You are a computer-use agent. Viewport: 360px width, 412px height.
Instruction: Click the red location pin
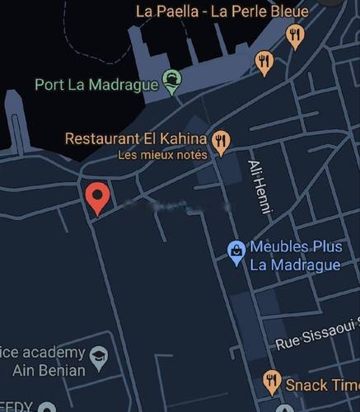97,197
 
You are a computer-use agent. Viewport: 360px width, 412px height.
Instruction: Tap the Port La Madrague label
96,84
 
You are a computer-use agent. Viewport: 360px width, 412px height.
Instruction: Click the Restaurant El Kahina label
136,138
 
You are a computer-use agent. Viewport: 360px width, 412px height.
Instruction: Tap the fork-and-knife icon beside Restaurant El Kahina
220,143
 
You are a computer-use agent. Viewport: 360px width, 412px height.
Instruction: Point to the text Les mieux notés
162,154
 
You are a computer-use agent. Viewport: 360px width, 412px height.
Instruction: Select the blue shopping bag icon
236,253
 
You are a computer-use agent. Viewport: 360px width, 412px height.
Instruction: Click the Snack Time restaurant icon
272,381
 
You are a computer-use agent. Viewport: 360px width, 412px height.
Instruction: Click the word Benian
61,370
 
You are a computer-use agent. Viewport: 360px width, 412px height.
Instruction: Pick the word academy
54,353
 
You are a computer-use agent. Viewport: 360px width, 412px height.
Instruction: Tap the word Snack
305,385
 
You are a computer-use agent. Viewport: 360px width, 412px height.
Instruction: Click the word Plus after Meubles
327,247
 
